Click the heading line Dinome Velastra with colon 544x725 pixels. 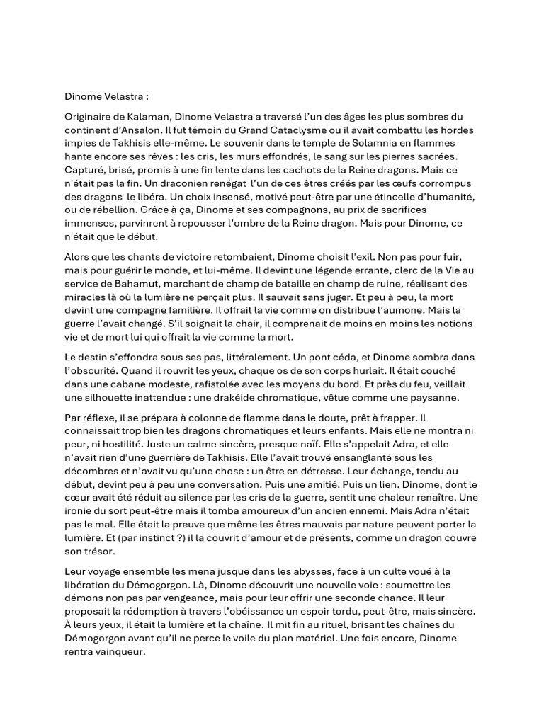tap(107, 96)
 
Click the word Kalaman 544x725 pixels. tap(144, 116)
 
